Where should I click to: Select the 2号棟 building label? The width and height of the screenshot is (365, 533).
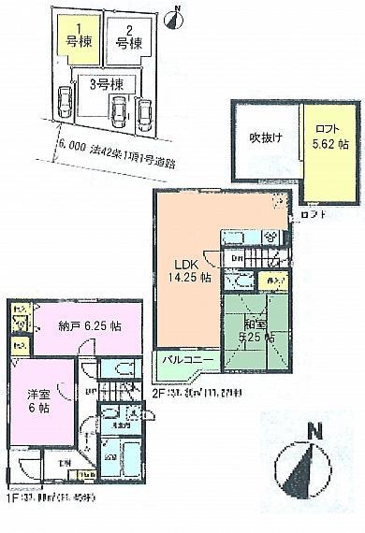point(127,42)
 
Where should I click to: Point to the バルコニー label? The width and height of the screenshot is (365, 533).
point(188,360)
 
